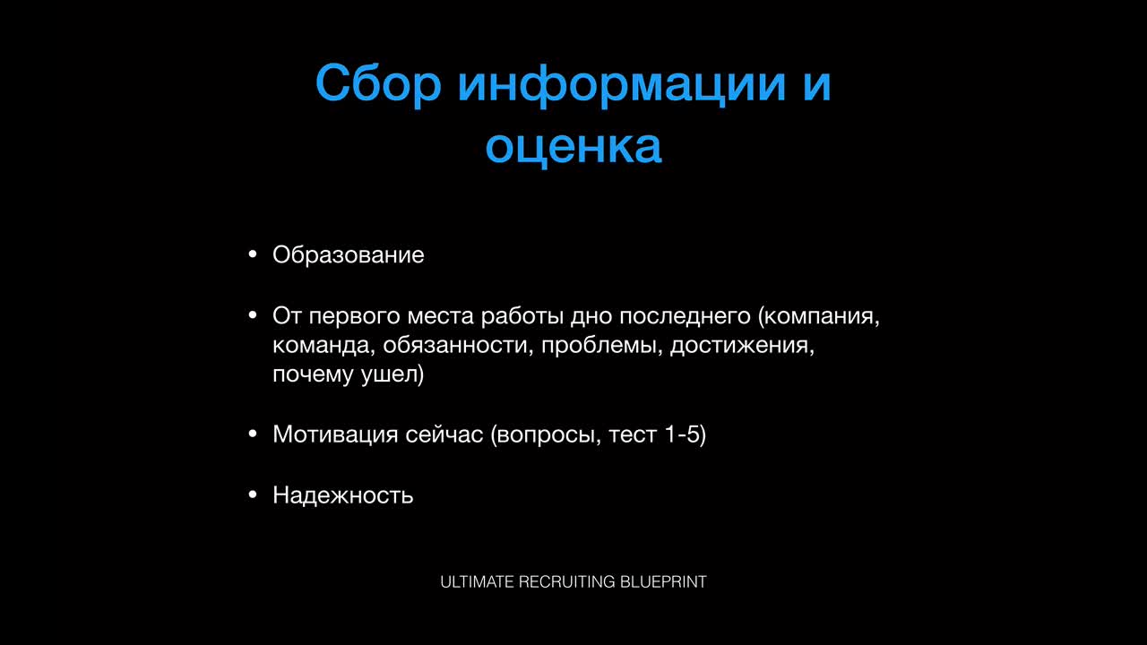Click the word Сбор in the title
(x=378, y=84)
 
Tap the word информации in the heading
(x=622, y=84)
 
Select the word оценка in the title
(x=573, y=147)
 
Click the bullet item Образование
(x=349, y=255)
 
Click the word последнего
(x=686, y=317)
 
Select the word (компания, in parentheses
(x=819, y=317)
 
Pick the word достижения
(x=742, y=346)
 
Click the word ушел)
(x=392, y=374)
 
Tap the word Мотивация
(x=335, y=434)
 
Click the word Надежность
(x=343, y=495)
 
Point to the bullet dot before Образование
(x=252, y=254)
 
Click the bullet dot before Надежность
(x=252, y=494)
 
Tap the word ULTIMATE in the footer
(x=477, y=582)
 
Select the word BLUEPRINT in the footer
(x=664, y=582)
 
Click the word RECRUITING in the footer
(x=567, y=582)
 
